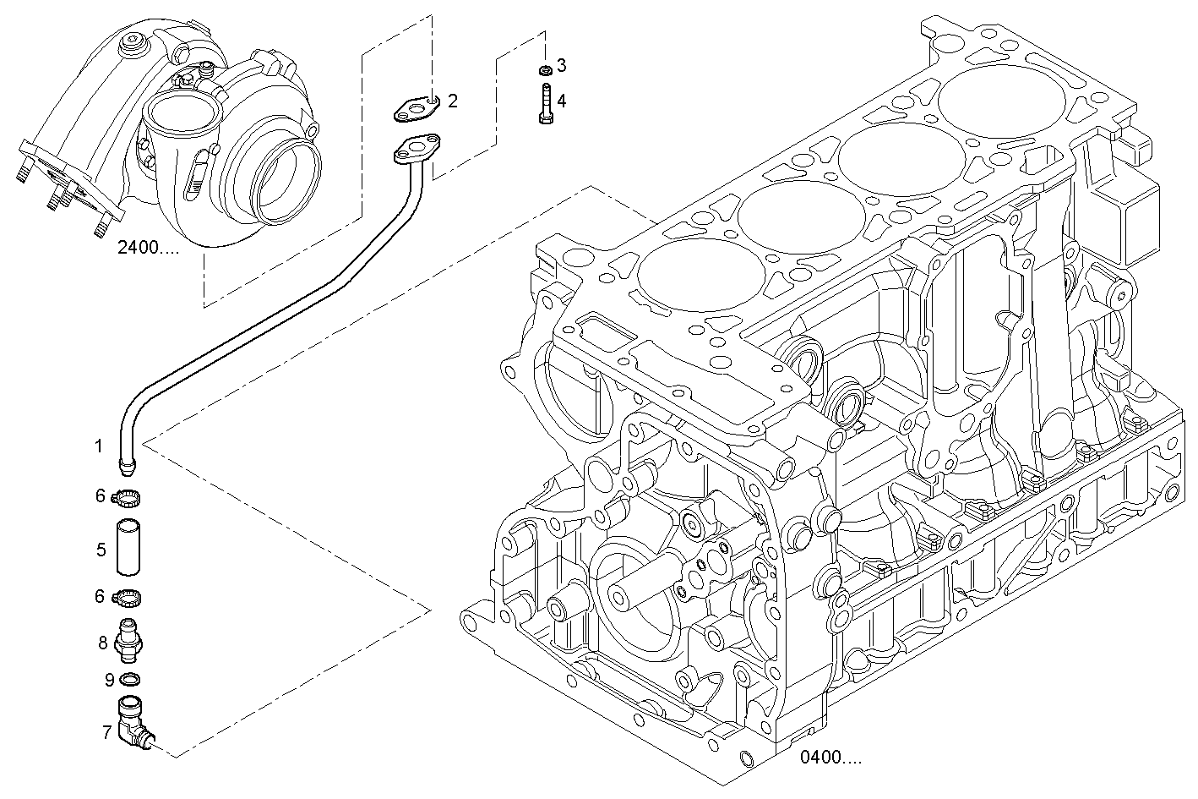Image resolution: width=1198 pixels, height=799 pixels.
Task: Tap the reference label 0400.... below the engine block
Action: pos(831,758)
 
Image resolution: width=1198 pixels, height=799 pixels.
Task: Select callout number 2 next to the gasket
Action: pos(453,101)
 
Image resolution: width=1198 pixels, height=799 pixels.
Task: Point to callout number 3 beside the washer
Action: pos(561,65)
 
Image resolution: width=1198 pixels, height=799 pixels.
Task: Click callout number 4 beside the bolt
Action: pos(561,101)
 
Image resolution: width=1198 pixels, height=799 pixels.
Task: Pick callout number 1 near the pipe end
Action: pos(99,446)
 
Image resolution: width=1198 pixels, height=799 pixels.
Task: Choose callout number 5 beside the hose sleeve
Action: pos(101,550)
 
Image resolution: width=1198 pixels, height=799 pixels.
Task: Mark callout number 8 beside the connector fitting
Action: pos(102,643)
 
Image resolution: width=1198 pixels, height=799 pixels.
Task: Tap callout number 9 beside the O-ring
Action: pos(109,679)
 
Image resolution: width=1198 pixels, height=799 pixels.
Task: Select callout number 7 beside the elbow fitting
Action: pos(106,732)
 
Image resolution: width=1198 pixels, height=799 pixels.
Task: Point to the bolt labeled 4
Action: pos(545,105)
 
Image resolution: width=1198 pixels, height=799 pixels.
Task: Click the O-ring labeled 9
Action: pos(131,679)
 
